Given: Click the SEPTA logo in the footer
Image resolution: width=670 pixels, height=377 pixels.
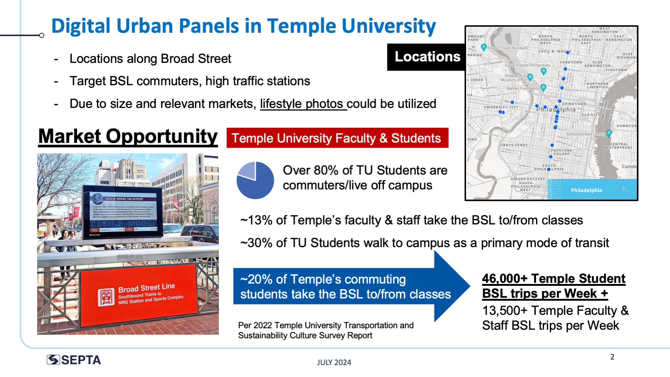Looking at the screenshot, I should (x=74, y=360).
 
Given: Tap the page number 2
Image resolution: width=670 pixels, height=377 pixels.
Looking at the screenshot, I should (x=612, y=357).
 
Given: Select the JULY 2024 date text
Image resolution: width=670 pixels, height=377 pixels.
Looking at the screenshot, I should (x=334, y=362).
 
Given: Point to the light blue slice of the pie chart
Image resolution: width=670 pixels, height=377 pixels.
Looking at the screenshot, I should (x=247, y=170).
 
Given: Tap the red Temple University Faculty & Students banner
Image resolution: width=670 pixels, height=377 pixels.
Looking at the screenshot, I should (x=337, y=138).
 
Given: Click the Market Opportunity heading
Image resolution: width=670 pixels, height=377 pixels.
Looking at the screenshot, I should (x=128, y=136).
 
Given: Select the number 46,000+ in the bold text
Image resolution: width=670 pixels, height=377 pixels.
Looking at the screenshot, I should (x=504, y=278).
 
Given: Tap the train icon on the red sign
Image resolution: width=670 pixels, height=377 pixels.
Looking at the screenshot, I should (x=106, y=297).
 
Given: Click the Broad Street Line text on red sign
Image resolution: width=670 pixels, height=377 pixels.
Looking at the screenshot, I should (x=147, y=288).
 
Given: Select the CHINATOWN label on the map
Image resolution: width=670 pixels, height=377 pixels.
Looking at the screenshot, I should (x=574, y=104).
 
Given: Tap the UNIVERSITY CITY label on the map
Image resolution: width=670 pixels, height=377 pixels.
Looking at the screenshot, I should (x=500, y=107).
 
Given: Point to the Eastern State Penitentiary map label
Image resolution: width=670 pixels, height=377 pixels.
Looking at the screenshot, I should (x=527, y=65).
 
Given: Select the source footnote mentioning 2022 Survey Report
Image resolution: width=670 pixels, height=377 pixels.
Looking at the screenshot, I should (x=326, y=330).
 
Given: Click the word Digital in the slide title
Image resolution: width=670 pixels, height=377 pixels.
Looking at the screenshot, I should (x=81, y=26).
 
